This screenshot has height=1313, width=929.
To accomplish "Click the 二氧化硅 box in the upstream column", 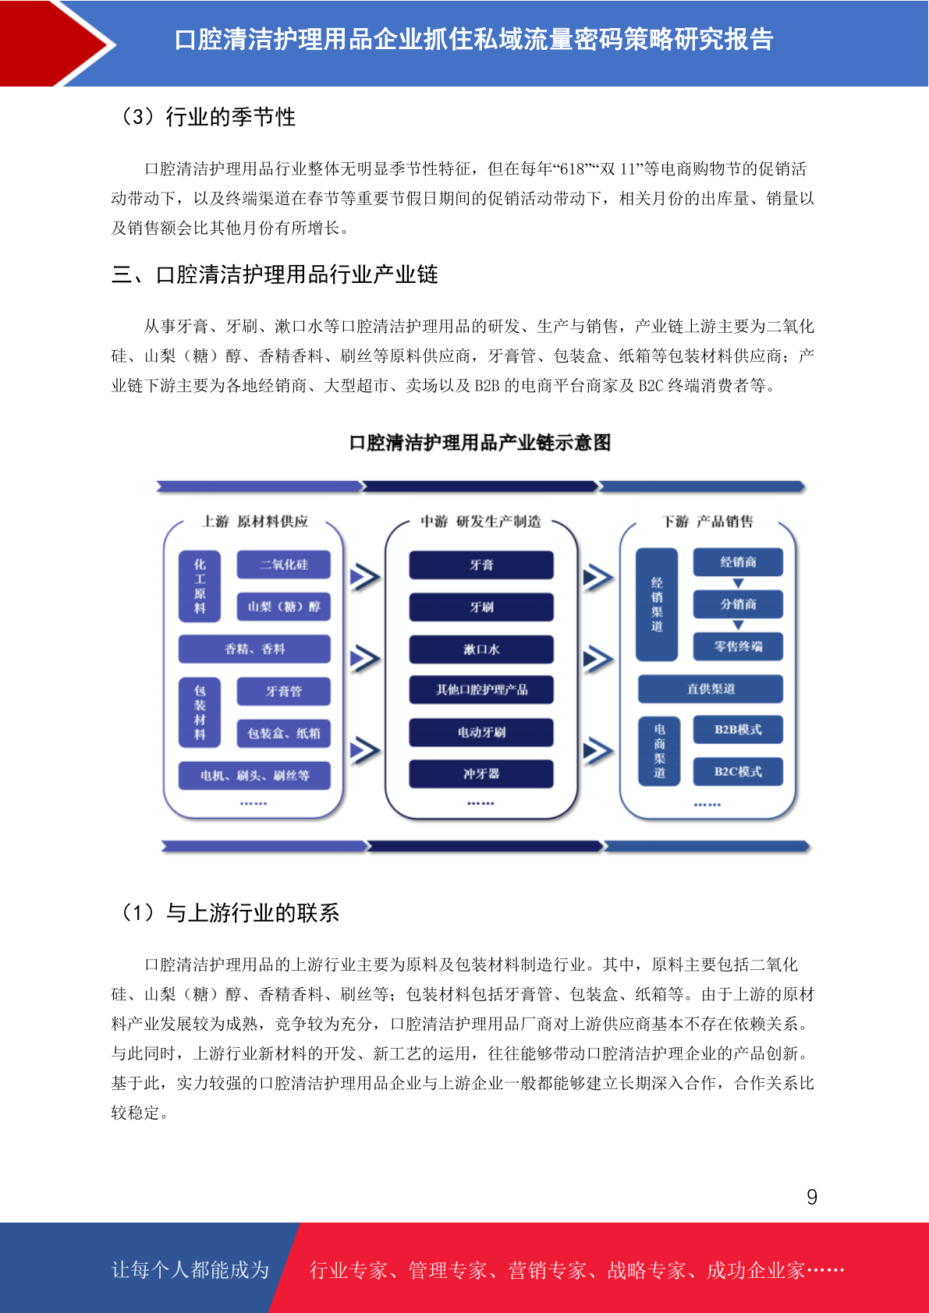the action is [x=283, y=564].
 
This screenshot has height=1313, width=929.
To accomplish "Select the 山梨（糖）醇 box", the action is [x=283, y=607].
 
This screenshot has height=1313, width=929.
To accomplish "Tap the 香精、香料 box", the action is [x=254, y=649].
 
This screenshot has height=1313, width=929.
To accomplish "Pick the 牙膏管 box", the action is [x=283, y=691].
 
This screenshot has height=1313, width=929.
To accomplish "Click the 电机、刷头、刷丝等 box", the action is [x=254, y=776].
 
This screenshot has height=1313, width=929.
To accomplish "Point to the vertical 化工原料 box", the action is [x=200, y=586].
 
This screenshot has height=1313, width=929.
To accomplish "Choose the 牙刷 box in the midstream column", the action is [x=481, y=607].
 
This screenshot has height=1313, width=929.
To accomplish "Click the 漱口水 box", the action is [x=481, y=649].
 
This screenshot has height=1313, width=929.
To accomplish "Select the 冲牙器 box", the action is [x=481, y=773].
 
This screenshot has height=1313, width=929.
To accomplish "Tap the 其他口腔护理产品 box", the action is [x=481, y=689].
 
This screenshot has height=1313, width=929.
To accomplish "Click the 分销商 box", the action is [x=738, y=603].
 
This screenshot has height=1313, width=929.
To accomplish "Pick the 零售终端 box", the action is [x=738, y=646].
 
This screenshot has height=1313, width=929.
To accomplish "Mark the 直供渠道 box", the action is [x=711, y=688].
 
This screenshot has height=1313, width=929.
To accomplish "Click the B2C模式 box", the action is [x=738, y=771].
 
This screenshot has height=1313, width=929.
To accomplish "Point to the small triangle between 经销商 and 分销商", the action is [x=739, y=583].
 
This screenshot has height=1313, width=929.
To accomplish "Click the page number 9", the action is [x=812, y=1197].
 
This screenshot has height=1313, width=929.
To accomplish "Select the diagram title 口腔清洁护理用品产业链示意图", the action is [x=480, y=443].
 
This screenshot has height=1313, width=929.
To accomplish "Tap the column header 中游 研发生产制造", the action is [x=480, y=521].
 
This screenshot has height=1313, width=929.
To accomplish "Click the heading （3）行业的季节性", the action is [x=207, y=117].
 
